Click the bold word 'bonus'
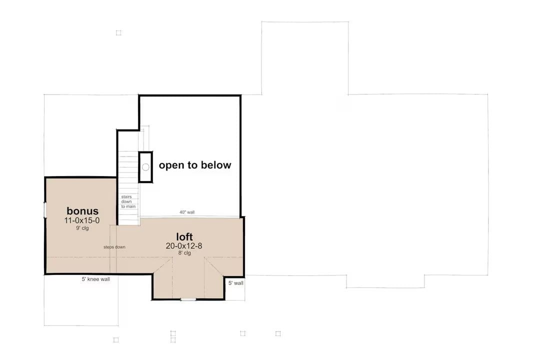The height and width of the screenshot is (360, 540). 82,211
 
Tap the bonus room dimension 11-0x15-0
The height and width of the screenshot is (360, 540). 82,220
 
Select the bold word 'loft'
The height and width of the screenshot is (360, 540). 184,236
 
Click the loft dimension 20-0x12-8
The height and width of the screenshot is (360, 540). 184,245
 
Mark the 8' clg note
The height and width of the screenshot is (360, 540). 184,253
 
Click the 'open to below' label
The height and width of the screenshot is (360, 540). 195,165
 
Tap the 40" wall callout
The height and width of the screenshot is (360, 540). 187,212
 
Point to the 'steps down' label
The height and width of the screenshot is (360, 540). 114,247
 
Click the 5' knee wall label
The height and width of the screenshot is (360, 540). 96,279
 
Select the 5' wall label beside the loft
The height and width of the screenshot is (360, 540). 235,283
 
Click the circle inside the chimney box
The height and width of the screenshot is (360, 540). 145,166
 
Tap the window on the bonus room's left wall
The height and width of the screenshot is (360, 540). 45,210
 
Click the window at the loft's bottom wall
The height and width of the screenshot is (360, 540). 188,299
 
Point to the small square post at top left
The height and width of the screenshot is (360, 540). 118,33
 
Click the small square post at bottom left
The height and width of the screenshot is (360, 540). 116,339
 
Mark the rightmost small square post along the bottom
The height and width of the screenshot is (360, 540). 278,333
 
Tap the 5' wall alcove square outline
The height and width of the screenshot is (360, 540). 234,288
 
